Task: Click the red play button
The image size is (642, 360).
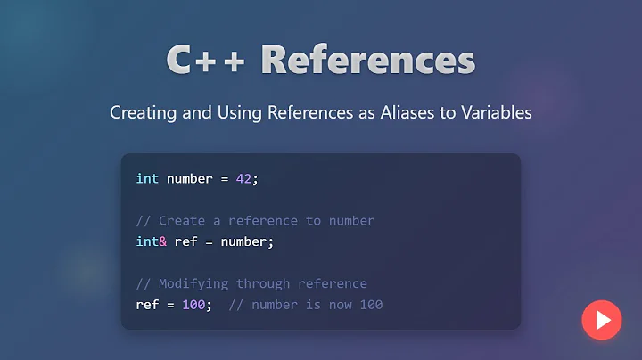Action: [601, 320]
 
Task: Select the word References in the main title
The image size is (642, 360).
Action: [368, 61]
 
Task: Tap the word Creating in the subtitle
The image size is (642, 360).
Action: [142, 113]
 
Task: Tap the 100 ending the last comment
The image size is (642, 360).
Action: [371, 305]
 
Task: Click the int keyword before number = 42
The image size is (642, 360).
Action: [147, 178]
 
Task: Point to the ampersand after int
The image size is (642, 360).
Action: [163, 241]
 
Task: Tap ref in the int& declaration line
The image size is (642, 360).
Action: [185, 241]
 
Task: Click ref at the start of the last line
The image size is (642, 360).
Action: [147, 305]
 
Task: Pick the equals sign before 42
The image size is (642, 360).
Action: [224, 178]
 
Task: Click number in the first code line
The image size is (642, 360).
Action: [189, 178]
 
